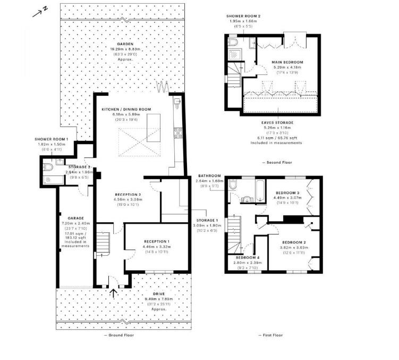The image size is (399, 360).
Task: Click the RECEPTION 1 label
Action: (156, 241)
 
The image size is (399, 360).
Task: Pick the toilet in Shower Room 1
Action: (49, 168)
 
